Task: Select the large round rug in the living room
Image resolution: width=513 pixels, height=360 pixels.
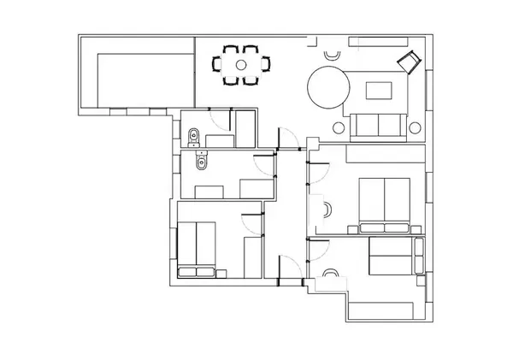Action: click(x=329, y=89)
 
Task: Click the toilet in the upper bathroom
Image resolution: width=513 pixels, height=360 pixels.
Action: click(x=193, y=134)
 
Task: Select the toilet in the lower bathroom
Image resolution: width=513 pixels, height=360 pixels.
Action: click(x=202, y=162)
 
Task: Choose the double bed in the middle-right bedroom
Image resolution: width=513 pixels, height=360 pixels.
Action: click(x=386, y=204)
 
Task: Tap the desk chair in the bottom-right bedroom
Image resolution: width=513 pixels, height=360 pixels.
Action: click(x=331, y=275)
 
